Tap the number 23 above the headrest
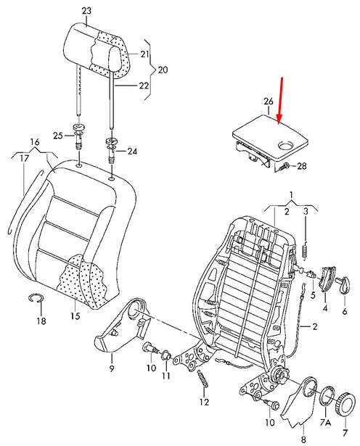(x=87, y=12)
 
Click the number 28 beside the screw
(x=302, y=166)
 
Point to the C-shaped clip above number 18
(x=36, y=297)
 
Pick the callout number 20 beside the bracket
(x=162, y=70)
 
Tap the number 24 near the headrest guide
(x=132, y=152)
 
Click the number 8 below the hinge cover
(x=303, y=438)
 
